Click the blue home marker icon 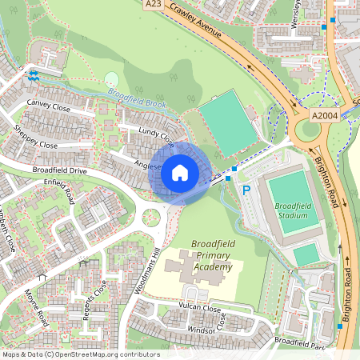[x=180, y=172]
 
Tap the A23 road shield [x=154, y=5]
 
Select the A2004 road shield [x=325, y=116]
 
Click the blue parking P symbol [x=246, y=191]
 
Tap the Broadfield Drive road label [x=59, y=171]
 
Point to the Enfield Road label [x=58, y=191]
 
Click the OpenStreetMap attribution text [x=81, y=354]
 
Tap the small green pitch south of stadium [x=306, y=254]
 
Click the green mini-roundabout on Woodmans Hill [x=151, y=216]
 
